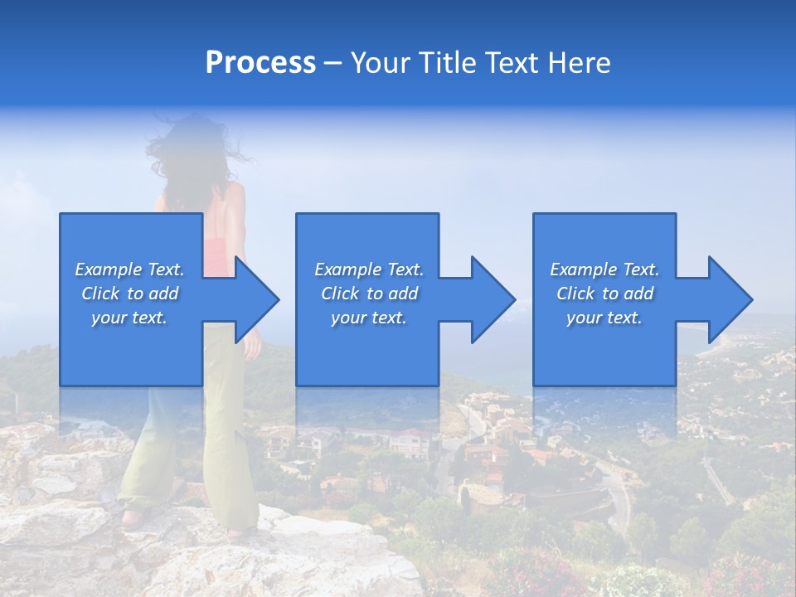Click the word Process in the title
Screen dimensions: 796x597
click(x=260, y=63)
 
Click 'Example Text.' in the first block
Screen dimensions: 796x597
click(x=129, y=269)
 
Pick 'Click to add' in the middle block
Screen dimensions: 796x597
click(x=369, y=294)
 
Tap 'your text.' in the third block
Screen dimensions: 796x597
click(x=604, y=318)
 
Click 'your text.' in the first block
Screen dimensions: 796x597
click(x=129, y=318)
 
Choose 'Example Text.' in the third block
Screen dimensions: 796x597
click(x=604, y=269)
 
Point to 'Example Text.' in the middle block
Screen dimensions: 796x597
click(x=369, y=269)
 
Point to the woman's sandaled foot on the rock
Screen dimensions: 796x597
click(x=133, y=518)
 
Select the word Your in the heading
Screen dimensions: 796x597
click(x=381, y=63)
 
